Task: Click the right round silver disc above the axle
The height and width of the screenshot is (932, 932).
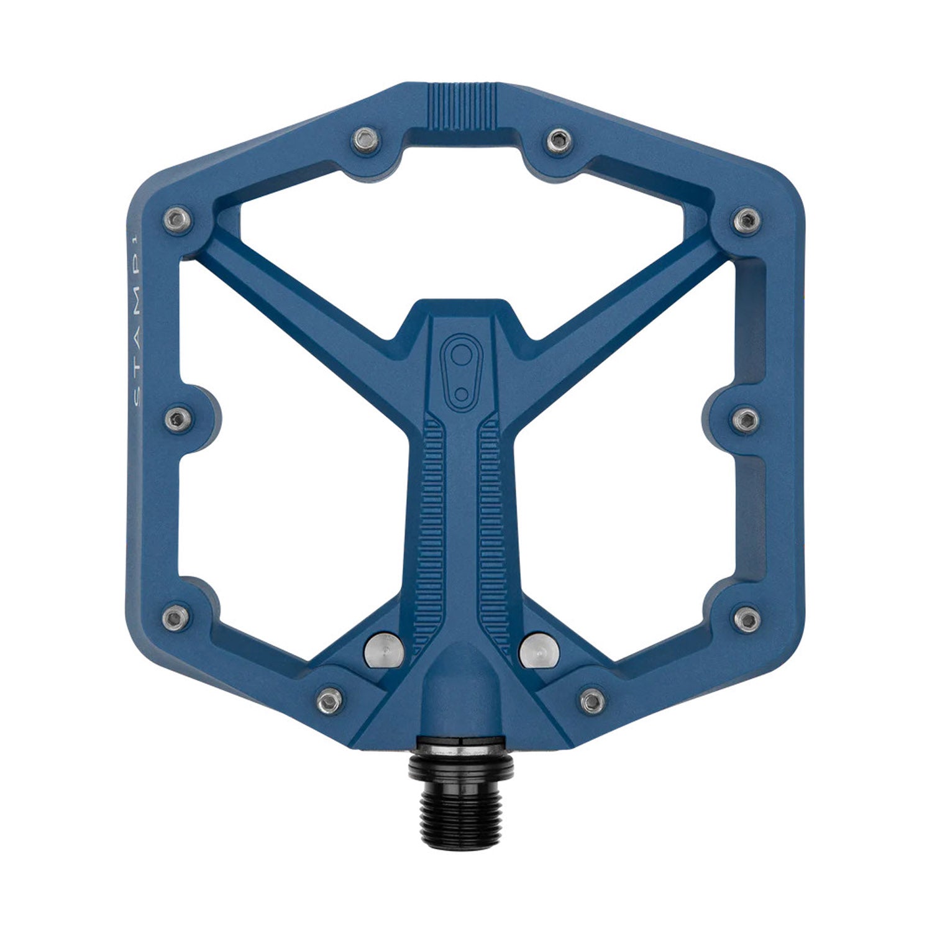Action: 538,649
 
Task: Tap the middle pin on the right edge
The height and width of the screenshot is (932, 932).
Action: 746,421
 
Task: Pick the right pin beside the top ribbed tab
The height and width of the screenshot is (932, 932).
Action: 559,142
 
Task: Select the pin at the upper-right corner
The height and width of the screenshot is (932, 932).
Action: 746,218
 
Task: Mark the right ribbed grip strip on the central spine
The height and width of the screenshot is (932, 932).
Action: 492,528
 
